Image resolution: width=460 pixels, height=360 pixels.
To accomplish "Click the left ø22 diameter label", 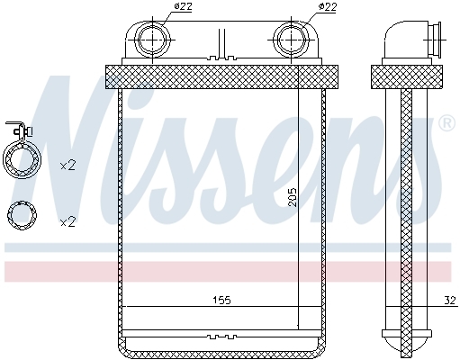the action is click(183, 6).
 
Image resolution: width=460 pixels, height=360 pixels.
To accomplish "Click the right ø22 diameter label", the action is click(327, 6).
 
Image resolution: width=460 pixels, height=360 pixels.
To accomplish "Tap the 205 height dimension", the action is click(292, 197).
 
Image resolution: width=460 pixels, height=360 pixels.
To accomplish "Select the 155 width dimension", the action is click(221, 300).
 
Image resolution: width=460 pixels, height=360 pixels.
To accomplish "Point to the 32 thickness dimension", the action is click(450, 300).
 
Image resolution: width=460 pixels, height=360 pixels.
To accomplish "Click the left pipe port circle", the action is click(153, 40).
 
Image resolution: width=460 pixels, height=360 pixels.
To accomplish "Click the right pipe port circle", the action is click(292, 40).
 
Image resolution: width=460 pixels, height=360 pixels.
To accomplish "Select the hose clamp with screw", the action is click(21, 150).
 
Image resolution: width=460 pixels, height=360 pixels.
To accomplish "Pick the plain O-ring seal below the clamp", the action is click(22, 215).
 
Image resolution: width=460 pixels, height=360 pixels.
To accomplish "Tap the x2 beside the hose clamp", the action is click(68, 166).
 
